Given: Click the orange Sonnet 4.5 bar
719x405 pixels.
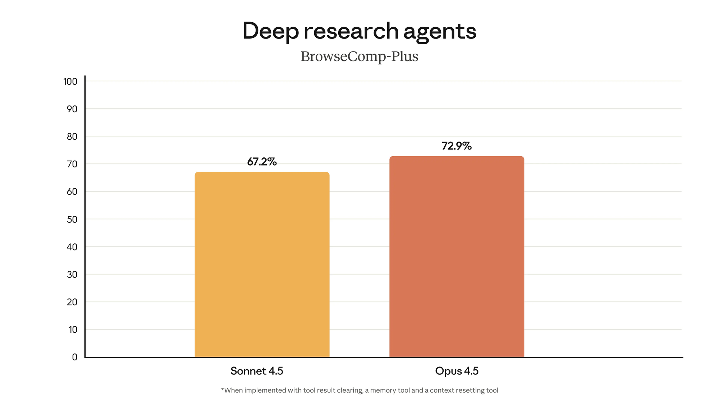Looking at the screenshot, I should [262, 265].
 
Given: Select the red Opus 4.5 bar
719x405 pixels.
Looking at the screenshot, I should [457, 257].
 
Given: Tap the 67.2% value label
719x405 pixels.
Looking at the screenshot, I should [262, 162].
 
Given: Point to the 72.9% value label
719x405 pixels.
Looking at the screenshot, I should [457, 146].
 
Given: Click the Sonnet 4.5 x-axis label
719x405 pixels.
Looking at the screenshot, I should [257, 371].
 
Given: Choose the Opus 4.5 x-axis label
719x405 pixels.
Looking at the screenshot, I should [457, 371].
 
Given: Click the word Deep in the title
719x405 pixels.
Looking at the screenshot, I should [270, 31].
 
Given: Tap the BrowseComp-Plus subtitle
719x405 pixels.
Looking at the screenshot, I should [359, 57].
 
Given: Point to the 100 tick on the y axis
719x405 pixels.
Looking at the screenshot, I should [70, 81].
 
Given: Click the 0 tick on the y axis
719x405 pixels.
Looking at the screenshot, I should [74, 357].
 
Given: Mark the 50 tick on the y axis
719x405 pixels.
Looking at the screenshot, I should [72, 219].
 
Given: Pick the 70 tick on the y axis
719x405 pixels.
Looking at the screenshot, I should [72, 164].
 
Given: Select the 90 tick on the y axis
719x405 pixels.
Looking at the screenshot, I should [72, 109].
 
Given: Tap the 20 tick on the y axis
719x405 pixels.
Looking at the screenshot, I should [72, 302].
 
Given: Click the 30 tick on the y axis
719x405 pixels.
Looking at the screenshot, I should [72, 274].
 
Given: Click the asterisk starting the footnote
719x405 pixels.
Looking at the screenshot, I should [223, 390].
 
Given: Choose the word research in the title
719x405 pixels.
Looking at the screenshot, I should [351, 31].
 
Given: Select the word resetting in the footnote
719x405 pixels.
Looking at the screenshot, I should [469, 391].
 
